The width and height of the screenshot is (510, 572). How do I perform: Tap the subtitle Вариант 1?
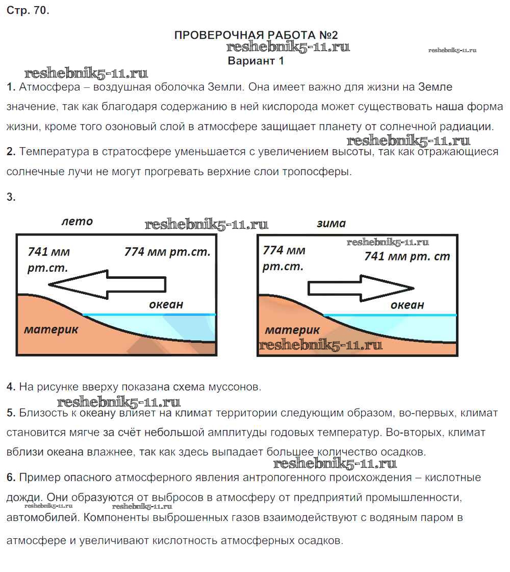click(x=255, y=61)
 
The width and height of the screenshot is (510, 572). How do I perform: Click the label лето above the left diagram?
click(x=77, y=222)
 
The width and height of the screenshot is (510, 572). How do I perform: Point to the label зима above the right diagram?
click(x=330, y=223)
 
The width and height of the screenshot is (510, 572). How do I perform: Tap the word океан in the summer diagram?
click(x=166, y=305)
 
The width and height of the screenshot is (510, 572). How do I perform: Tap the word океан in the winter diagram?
click(x=407, y=305)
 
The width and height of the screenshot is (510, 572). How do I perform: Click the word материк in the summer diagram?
click(x=51, y=329)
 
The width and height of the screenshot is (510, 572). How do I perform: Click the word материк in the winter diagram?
click(x=292, y=330)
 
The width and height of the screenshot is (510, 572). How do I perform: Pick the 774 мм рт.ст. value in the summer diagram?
click(x=167, y=252)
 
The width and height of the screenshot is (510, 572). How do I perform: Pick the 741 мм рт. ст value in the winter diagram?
click(x=407, y=256)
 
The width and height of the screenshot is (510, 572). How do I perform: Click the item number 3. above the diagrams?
click(x=11, y=197)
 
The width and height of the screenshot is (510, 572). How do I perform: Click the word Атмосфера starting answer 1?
click(x=49, y=87)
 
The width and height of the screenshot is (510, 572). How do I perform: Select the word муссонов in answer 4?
click(x=235, y=387)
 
